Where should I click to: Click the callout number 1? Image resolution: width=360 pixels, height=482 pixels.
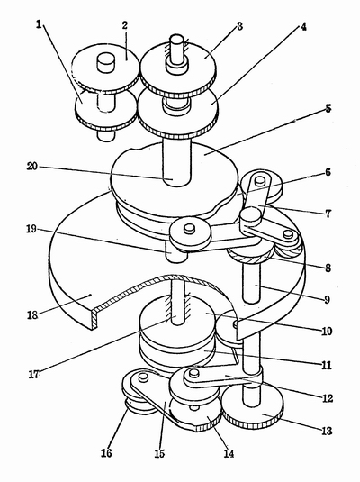coord(39,24)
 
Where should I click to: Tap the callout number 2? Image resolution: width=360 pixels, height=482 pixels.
coord(125,25)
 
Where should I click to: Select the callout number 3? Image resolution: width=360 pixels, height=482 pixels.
coord(240,26)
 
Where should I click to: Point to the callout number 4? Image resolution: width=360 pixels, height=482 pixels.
coord(303,27)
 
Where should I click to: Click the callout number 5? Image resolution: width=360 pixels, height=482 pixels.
coord(328,108)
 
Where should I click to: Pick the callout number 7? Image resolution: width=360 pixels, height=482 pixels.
coord(328,213)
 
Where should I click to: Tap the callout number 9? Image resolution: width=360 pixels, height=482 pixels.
coord(328,299)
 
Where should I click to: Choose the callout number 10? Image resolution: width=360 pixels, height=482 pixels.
coord(327,331)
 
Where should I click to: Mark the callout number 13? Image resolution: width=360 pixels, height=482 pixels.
coord(327,431)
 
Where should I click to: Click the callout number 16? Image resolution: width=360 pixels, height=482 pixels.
coord(106,453)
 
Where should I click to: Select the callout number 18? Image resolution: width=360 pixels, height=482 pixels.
coord(32,315)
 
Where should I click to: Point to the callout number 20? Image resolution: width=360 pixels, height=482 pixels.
coord(32,167)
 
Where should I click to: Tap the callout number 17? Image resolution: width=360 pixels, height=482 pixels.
coord(34,375)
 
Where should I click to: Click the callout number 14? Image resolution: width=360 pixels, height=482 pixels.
coord(229,453)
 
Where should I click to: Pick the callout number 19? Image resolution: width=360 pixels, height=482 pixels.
coord(31,229)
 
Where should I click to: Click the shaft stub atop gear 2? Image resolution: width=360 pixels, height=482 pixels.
coord(106,62)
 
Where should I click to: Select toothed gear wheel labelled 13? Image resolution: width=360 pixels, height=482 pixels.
coord(253,406)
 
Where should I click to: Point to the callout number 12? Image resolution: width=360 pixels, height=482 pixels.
coord(327,398)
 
